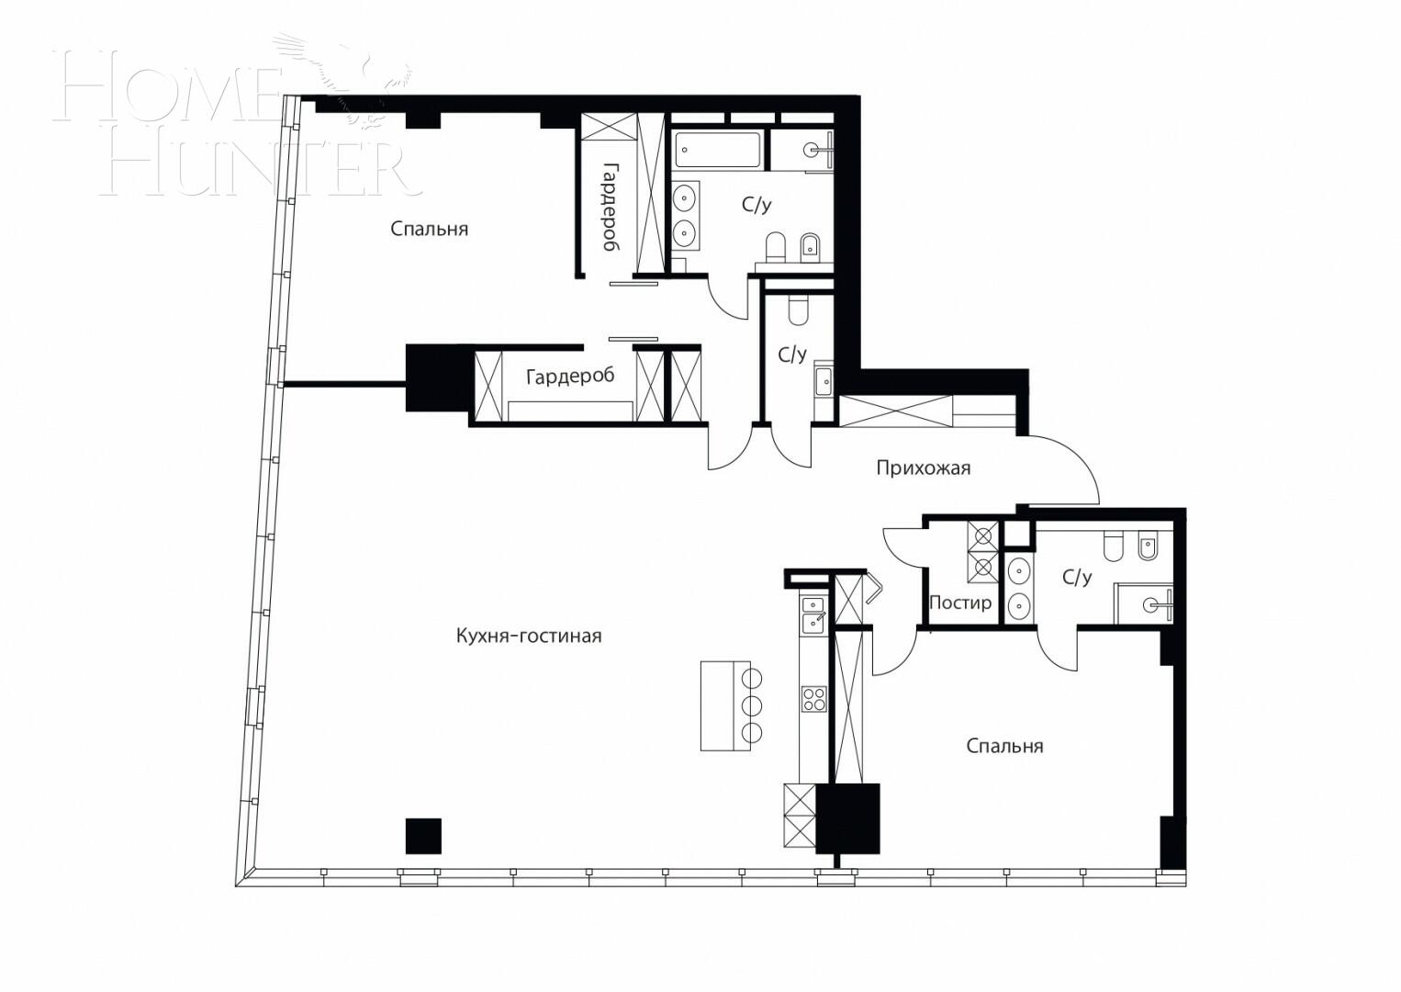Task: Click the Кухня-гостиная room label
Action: [529, 636]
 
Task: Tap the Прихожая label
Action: [923, 468]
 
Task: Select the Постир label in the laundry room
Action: [960, 603]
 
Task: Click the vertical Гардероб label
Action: [609, 208]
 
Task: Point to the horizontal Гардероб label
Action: [569, 377]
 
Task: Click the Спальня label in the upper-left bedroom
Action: [429, 229]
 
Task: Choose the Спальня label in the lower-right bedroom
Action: [1004, 746]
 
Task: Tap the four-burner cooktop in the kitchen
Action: [813, 699]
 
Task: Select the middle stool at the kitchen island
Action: [752, 705]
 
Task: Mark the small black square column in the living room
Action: [423, 836]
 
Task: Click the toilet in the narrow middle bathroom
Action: [797, 310]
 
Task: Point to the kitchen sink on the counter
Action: [813, 614]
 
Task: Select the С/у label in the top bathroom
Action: [757, 205]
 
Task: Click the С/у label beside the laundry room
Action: [1077, 578]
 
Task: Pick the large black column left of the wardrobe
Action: [438, 378]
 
